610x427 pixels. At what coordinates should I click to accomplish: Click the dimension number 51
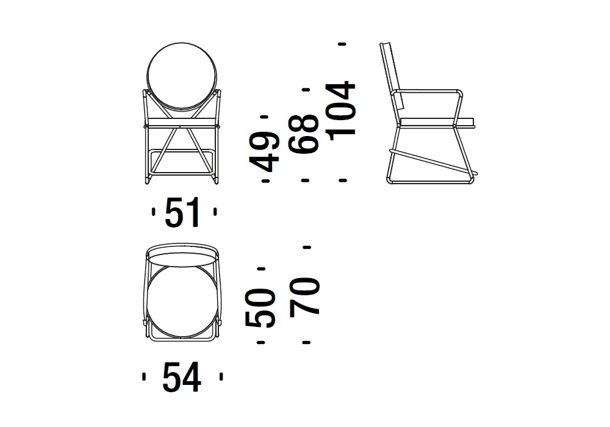182,212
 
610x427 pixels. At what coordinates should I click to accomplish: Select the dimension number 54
182,377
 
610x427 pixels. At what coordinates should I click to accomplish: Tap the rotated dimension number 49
265,152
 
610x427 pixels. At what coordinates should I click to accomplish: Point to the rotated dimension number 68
303,134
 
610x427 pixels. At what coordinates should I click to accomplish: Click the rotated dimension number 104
341,109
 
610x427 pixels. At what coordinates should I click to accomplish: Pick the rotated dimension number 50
260,308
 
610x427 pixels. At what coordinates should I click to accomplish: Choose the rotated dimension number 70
304,296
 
